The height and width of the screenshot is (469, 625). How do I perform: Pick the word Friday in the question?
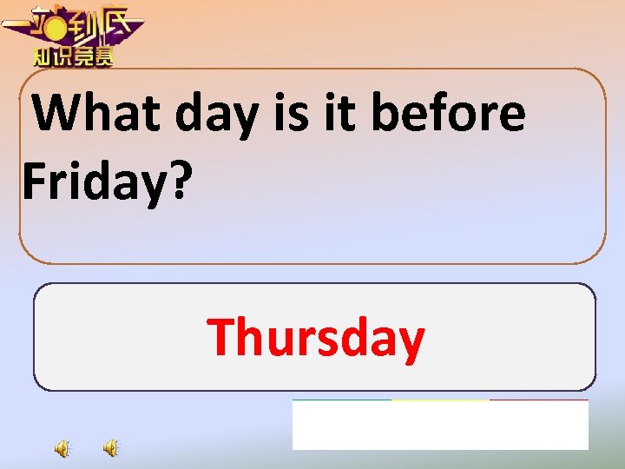pos(91,179)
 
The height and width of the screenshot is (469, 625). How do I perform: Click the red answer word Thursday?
pos(316,337)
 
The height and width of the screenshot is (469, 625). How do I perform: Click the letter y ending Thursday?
pos(411,340)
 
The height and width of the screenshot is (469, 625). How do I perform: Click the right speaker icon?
pos(111,448)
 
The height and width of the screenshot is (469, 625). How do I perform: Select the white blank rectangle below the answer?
pos(440,426)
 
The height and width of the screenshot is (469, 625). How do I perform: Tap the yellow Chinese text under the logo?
pos(73,57)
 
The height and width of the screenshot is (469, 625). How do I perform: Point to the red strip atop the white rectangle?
pos(539,400)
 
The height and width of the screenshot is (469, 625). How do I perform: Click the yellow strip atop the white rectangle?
pos(440,400)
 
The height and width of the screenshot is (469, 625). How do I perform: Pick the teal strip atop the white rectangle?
pos(341,400)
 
